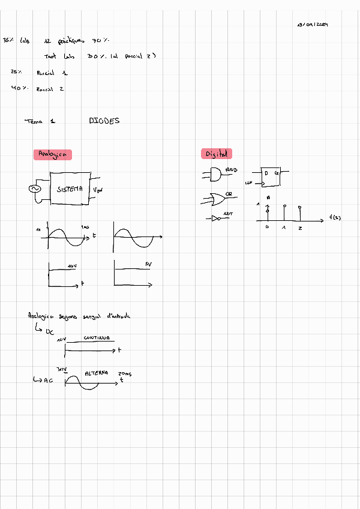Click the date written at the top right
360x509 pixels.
tap(312, 25)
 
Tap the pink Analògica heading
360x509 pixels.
tap(53, 155)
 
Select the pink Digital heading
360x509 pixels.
tap(216, 154)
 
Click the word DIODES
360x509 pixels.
tap(104, 121)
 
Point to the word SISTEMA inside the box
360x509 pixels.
tap(70, 189)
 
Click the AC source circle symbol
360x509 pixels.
tap(34, 190)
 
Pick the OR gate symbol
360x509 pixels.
tap(214, 197)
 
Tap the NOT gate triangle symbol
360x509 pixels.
tap(216, 218)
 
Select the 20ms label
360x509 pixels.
tap(125, 373)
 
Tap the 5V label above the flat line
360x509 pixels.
tap(148, 265)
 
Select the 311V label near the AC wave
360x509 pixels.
tap(60, 369)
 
